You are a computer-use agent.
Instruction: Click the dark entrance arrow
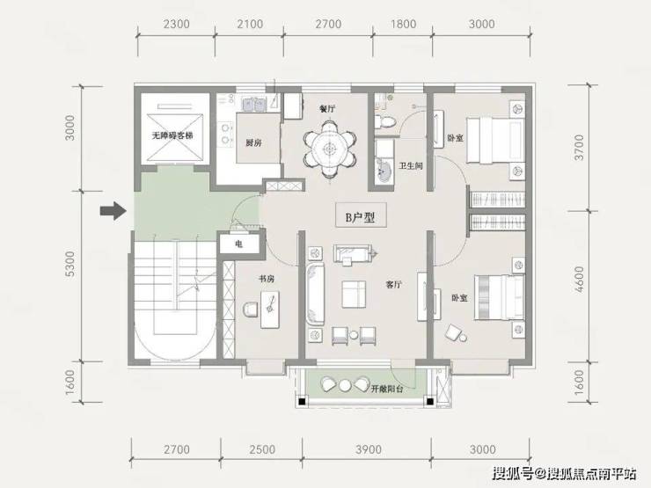[x=113, y=211]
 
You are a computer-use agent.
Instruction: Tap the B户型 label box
[x=361, y=215]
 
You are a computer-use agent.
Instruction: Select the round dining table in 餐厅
[x=329, y=148]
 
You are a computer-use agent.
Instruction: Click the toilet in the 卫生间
[x=384, y=121]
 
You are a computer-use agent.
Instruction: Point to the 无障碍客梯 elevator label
[x=172, y=135]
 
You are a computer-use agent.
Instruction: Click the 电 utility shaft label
[x=238, y=244]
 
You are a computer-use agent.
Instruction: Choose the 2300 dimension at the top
[x=177, y=24]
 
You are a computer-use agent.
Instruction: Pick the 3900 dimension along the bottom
[x=369, y=449]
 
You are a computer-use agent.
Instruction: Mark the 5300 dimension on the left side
[x=71, y=264]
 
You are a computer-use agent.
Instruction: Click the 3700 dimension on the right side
[x=579, y=148]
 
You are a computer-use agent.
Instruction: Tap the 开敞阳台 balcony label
[x=386, y=389]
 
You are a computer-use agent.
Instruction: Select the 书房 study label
[x=267, y=279]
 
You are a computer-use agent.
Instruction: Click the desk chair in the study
[x=251, y=310]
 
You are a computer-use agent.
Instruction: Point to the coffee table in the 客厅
[x=355, y=295]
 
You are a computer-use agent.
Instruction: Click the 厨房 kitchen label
[x=253, y=142]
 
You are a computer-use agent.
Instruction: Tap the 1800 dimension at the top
[x=403, y=24]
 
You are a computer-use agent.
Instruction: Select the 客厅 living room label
[x=393, y=285]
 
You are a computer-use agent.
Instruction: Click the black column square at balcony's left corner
[x=302, y=401]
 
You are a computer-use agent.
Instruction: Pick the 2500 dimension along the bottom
[x=262, y=449]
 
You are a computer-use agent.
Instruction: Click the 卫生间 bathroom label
[x=411, y=166]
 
